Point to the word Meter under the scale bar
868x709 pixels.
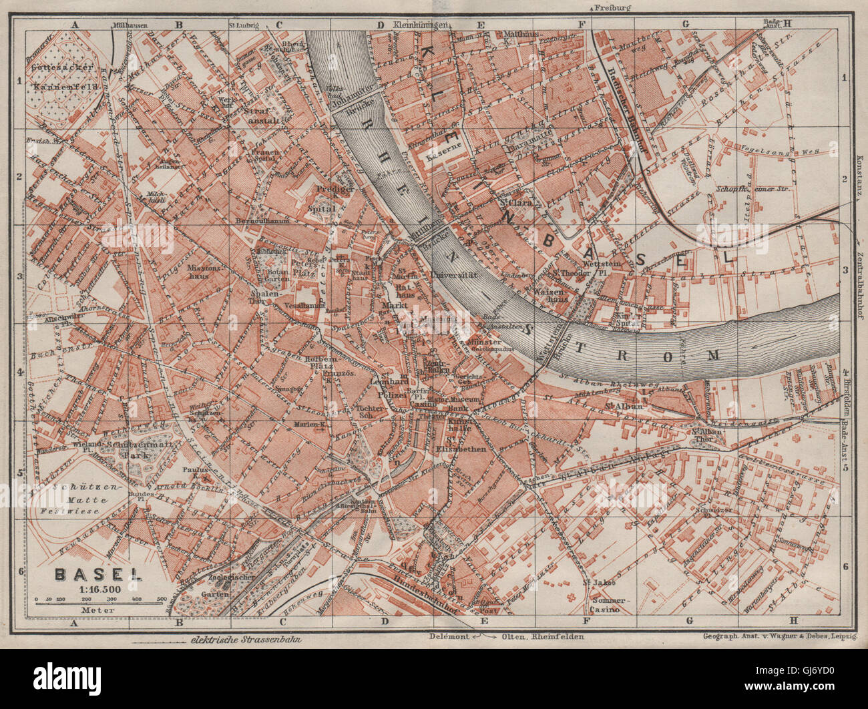pyautogui.click(x=92, y=610)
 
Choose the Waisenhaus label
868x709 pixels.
pyautogui.click(x=550, y=294)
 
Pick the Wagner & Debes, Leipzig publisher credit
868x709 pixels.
pyautogui.click(x=780, y=636)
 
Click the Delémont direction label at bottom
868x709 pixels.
pyautogui.click(x=449, y=636)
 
